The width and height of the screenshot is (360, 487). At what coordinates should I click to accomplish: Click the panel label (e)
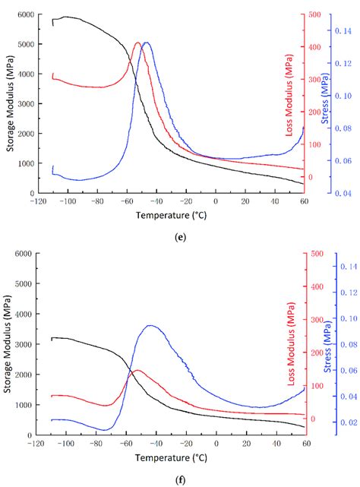180,237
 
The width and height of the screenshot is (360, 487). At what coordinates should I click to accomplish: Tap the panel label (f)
180,479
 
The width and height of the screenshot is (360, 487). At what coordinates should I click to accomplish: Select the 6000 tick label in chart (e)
26,15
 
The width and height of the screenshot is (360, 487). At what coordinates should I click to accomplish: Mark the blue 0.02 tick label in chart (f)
349,423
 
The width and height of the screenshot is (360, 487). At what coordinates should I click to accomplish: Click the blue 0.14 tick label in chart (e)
349,32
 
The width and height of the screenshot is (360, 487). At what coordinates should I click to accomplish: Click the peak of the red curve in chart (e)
137,43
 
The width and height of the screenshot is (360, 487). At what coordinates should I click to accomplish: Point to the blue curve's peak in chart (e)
146,43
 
